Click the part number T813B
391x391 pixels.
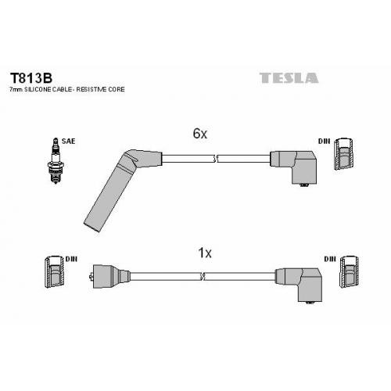click(31, 78)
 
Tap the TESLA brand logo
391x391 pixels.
click(289, 78)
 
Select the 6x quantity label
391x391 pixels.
click(200, 134)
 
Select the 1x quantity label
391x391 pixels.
click(205, 253)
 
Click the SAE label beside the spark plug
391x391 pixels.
click(68, 142)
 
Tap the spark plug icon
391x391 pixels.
click(55, 161)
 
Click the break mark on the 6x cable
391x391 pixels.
click(215, 159)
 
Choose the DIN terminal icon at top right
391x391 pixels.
click(343, 154)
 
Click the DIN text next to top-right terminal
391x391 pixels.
click(324, 142)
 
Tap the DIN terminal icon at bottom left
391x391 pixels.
click(54, 272)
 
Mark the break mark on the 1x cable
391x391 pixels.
click(203, 277)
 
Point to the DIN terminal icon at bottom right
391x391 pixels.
click(350, 272)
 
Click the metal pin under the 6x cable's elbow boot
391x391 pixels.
click(303, 185)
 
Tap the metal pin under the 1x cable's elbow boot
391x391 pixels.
click(310, 303)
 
